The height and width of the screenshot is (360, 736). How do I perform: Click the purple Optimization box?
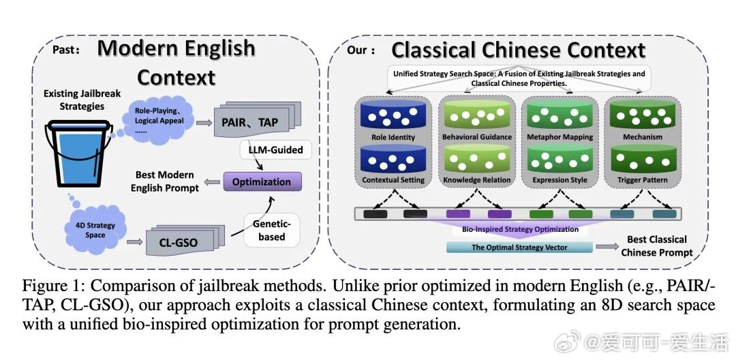(262, 182)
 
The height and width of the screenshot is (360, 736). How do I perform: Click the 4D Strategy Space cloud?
(95, 229)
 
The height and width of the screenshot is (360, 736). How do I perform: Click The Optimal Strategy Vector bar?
(519, 247)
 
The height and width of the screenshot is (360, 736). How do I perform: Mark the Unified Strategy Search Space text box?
(519, 78)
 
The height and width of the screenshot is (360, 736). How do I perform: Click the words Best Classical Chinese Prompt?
(656, 245)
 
